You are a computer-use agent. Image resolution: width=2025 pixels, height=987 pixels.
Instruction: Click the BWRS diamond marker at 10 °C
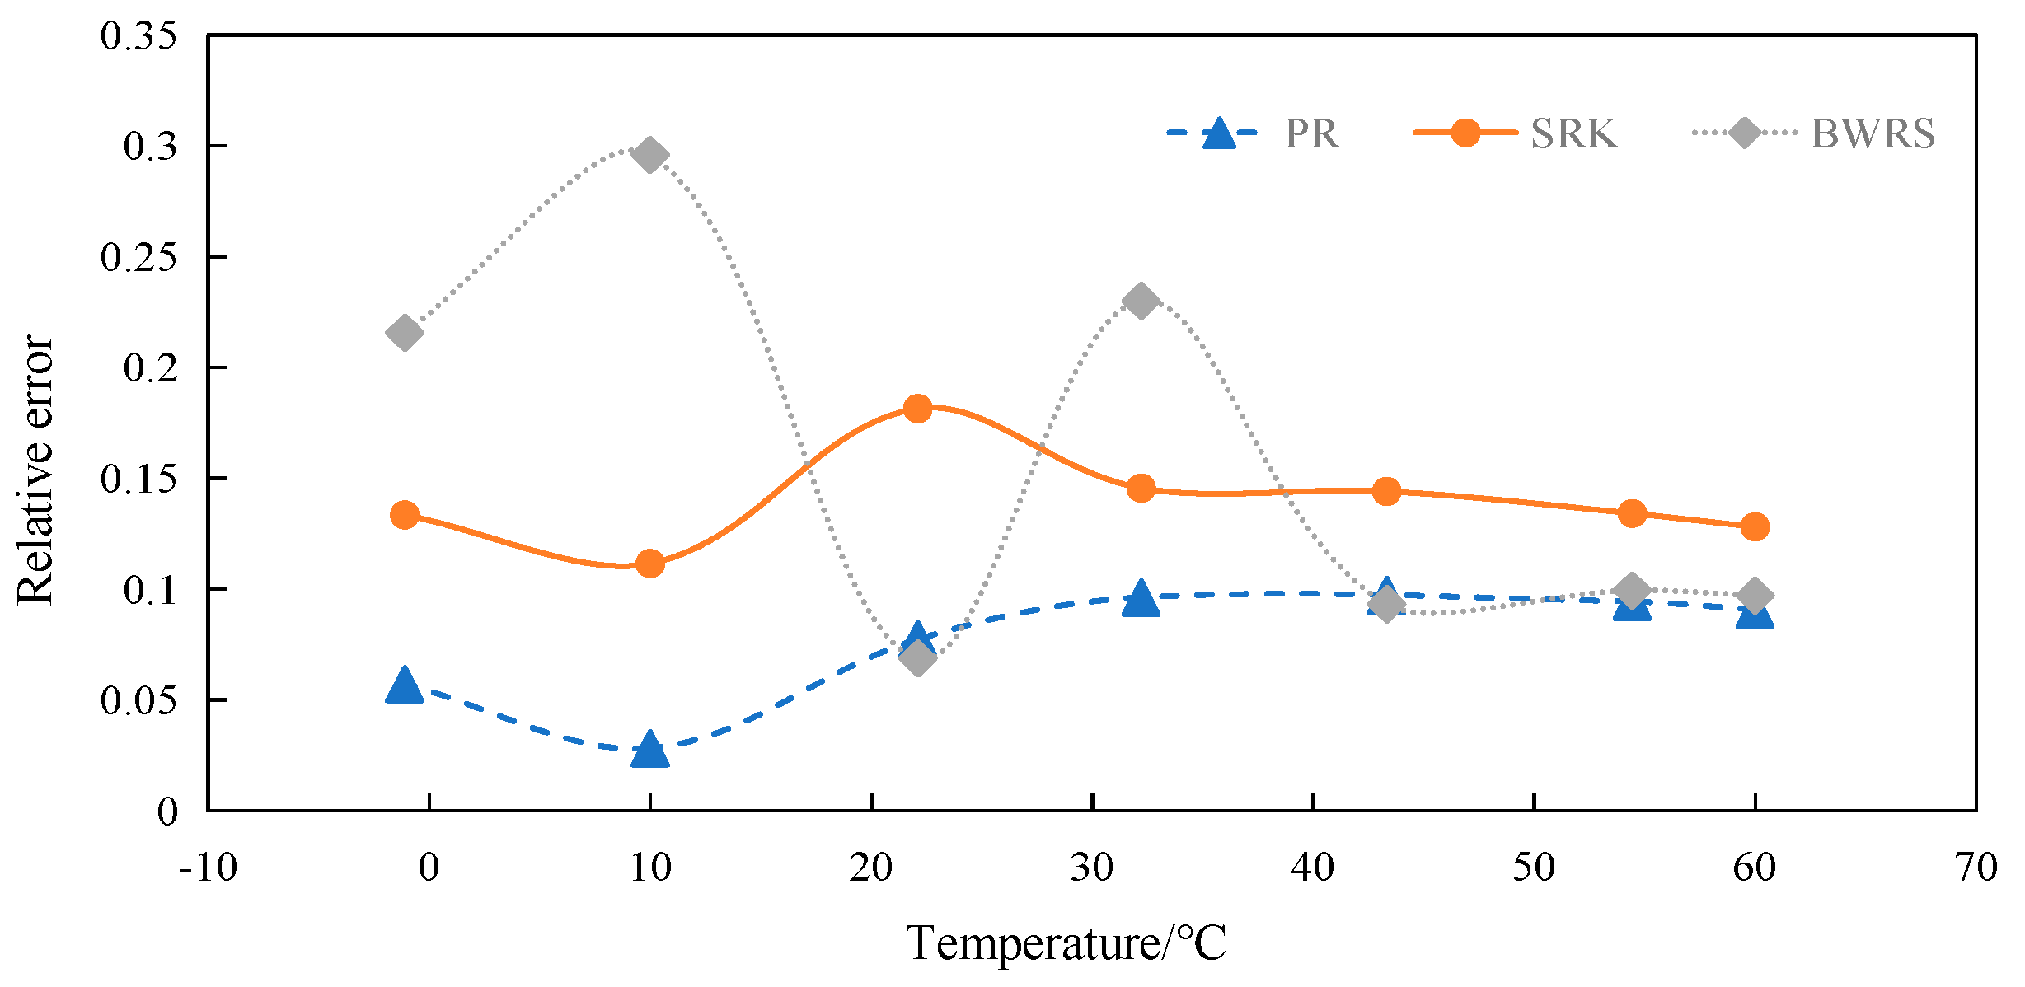(649, 155)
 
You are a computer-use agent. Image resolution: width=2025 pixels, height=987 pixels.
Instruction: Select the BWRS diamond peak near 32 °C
(1141, 302)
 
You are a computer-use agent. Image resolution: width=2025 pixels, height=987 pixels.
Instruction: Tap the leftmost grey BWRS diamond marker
(404, 333)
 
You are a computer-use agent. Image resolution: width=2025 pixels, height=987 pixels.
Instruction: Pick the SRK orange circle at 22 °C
(917, 408)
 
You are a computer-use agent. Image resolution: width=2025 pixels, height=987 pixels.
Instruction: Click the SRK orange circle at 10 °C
(649, 564)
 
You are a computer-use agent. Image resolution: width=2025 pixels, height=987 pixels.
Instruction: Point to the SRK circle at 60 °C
(1755, 526)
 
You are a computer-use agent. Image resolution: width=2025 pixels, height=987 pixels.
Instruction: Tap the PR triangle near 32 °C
(1141, 599)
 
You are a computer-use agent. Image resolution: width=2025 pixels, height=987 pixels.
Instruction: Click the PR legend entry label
(1311, 133)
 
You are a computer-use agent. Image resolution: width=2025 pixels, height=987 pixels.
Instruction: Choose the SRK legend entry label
(1574, 133)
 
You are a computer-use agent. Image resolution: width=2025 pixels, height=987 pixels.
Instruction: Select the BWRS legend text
(1872, 133)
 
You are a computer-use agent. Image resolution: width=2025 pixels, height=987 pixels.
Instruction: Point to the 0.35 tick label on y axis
(138, 36)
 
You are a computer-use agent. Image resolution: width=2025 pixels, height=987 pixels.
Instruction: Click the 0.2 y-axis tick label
(150, 367)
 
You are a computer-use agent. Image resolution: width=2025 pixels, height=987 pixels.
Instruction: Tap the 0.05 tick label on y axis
(138, 700)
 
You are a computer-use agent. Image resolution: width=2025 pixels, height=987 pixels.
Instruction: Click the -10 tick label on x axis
(208, 868)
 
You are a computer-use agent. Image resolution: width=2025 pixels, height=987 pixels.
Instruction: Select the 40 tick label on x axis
(1313, 868)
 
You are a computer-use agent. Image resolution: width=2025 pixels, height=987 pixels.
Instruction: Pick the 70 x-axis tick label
(1976, 868)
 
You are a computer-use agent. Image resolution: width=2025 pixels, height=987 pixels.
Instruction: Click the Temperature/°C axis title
(1066, 943)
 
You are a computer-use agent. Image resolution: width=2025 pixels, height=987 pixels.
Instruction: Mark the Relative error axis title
(35, 470)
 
